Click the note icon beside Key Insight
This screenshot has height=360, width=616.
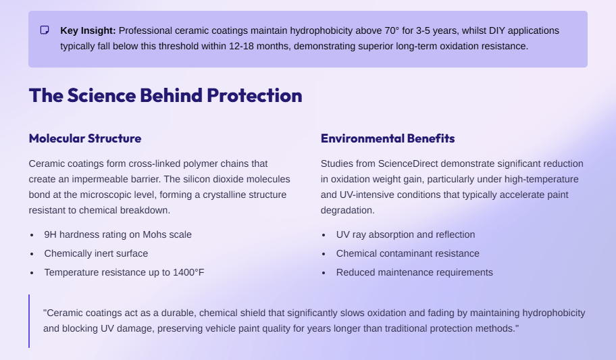point(45,30)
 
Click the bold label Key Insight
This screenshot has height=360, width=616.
point(88,30)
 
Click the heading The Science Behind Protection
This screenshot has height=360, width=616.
point(165,95)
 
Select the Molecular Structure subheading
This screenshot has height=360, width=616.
point(85,138)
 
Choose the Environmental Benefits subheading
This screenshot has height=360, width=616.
point(388,138)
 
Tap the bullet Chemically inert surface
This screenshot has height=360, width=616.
point(96,253)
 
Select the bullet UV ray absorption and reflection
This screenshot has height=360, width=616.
point(405,234)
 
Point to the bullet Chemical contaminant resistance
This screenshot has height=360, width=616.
point(408,253)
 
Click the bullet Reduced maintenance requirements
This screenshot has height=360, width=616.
point(415,272)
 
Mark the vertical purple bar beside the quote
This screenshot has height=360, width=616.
point(29,321)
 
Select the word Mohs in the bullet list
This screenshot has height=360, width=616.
point(155,234)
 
